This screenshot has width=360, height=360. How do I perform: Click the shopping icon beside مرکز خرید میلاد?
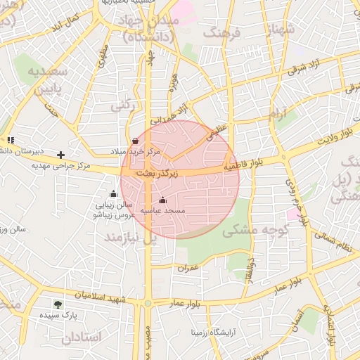click(135, 141)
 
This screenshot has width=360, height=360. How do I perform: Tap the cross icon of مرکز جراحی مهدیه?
click(61, 155)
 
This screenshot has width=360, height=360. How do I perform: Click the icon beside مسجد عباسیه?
click(163, 200)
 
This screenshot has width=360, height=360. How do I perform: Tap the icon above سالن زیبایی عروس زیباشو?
click(113, 194)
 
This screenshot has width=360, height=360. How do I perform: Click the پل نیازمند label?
click(130, 238)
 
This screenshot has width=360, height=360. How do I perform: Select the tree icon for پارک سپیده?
click(58, 304)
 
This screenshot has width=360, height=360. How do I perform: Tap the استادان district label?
click(81, 337)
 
